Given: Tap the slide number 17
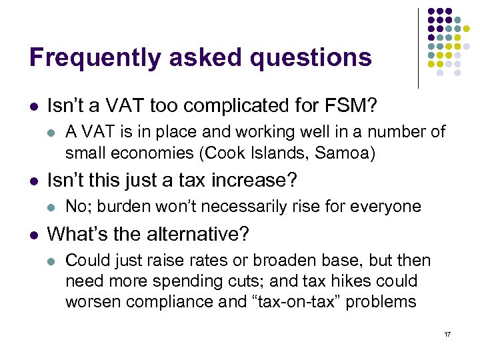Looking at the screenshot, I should point(447,333).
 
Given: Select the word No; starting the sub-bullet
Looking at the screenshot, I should point(80,207).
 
